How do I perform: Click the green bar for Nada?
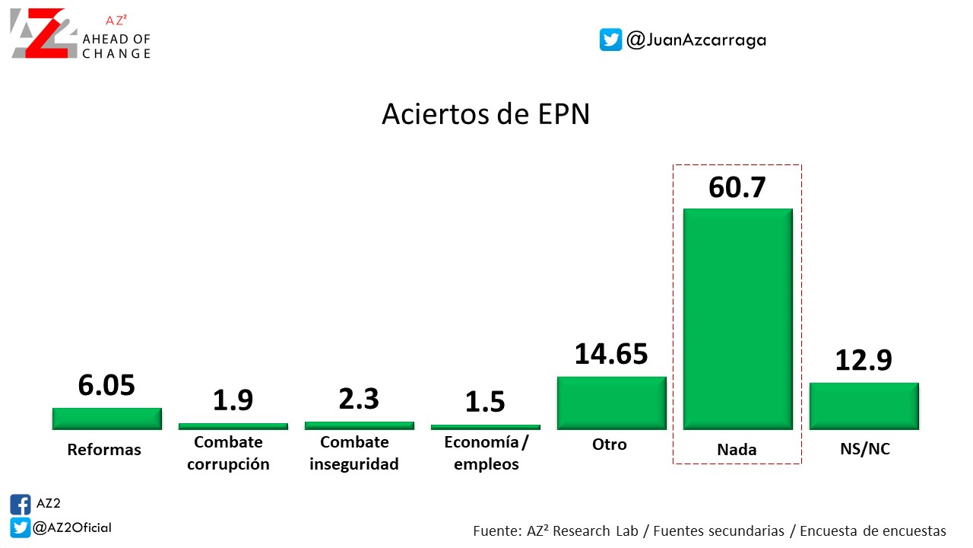737,319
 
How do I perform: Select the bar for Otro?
611,403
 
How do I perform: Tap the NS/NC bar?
864,406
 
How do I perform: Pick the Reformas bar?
106,419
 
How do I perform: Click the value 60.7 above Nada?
737,186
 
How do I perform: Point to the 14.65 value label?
611,354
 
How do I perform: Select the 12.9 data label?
864,360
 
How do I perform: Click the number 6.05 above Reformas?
106,385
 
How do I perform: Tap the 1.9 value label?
233,400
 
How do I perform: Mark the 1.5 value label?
485,402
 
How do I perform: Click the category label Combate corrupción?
228,453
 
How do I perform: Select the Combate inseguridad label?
354,453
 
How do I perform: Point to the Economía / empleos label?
486,453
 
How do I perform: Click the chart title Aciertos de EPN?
486,114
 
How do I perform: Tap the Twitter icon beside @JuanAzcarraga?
610,40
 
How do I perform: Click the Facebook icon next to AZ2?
21,505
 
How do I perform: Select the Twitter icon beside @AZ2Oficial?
21,527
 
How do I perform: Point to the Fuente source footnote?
709,530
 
